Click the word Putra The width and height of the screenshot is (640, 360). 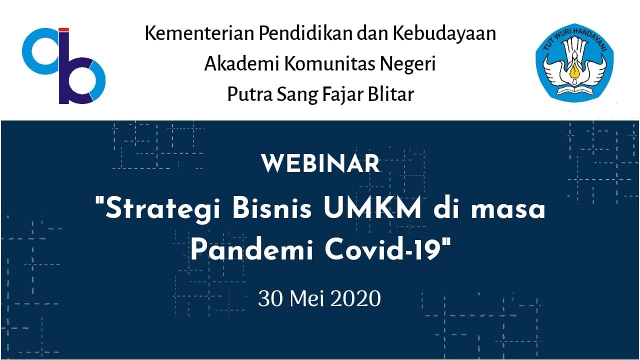pos(247,94)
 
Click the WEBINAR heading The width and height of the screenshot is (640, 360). pos(320,164)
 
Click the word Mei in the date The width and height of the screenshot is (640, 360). pos(307,299)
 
